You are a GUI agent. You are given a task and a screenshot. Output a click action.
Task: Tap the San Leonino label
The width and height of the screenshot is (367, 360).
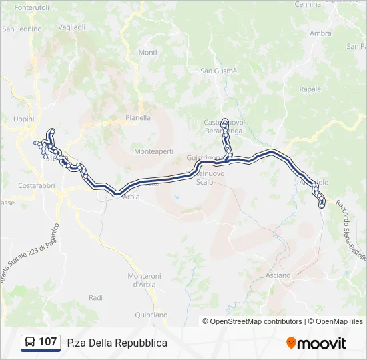coord(22,29)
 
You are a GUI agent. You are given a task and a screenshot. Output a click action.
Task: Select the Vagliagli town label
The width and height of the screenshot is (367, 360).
coord(71,27)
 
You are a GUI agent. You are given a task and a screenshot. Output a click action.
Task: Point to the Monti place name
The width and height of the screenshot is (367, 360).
coord(147,53)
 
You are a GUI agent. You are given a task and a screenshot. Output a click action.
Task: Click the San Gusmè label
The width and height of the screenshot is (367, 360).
coord(219,71)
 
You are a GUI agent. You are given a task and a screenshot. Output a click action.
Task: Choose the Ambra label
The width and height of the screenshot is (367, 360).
coord(320,33)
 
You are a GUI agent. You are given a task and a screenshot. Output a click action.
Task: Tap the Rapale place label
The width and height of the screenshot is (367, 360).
coord(310,89)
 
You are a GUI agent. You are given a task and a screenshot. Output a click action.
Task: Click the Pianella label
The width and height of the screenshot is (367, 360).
coord(138,117)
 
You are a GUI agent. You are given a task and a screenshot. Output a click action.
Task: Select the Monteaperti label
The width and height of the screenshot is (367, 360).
coord(153,151)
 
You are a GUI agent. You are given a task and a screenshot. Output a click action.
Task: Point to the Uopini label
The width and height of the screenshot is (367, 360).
coord(23,118)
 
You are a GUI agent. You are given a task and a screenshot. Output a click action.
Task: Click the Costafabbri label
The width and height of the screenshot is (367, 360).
coord(36,185)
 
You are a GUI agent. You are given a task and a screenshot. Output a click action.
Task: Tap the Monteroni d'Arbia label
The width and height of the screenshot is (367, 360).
coord(144,280)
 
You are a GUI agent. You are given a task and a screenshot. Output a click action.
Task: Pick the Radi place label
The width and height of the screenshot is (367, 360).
coord(95,297)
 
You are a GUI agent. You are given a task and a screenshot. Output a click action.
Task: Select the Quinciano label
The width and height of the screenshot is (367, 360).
coord(151,314)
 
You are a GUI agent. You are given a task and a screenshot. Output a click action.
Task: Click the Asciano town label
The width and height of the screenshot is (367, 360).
coord(278,275)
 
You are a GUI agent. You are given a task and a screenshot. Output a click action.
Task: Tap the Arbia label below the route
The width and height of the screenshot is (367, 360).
coord(131,197)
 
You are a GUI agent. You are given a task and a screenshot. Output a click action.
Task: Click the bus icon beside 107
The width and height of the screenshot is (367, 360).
coord(30,343)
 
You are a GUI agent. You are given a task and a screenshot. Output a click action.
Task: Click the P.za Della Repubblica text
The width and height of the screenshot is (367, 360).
coord(117,343)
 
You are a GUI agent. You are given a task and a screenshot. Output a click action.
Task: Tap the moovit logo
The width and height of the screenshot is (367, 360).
coord(316,343)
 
